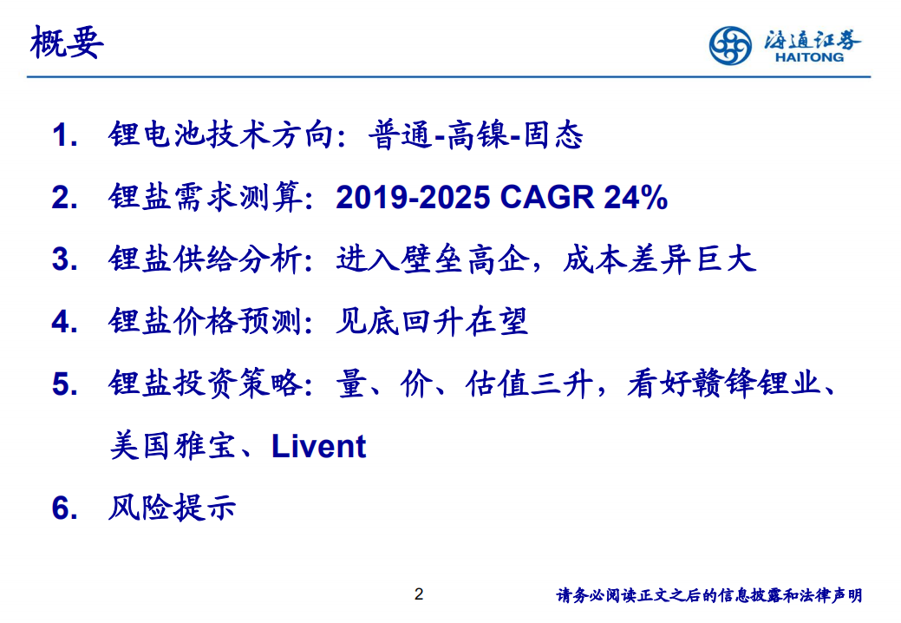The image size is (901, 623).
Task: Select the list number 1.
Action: [x=65, y=136]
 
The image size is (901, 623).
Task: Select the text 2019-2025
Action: [x=415, y=199]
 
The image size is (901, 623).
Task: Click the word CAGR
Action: [x=546, y=199]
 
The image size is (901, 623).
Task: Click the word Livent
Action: [x=318, y=447]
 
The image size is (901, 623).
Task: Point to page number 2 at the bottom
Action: [x=419, y=594]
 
